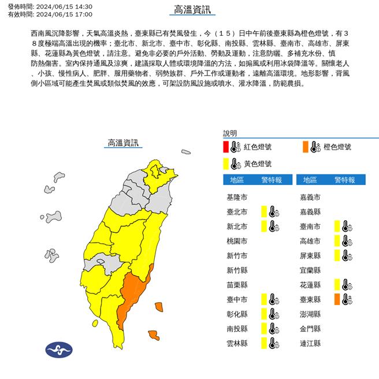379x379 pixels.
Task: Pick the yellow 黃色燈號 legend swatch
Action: (226, 163)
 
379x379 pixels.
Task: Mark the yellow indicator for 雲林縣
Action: (263, 343)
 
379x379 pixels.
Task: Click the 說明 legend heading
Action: (229, 133)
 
